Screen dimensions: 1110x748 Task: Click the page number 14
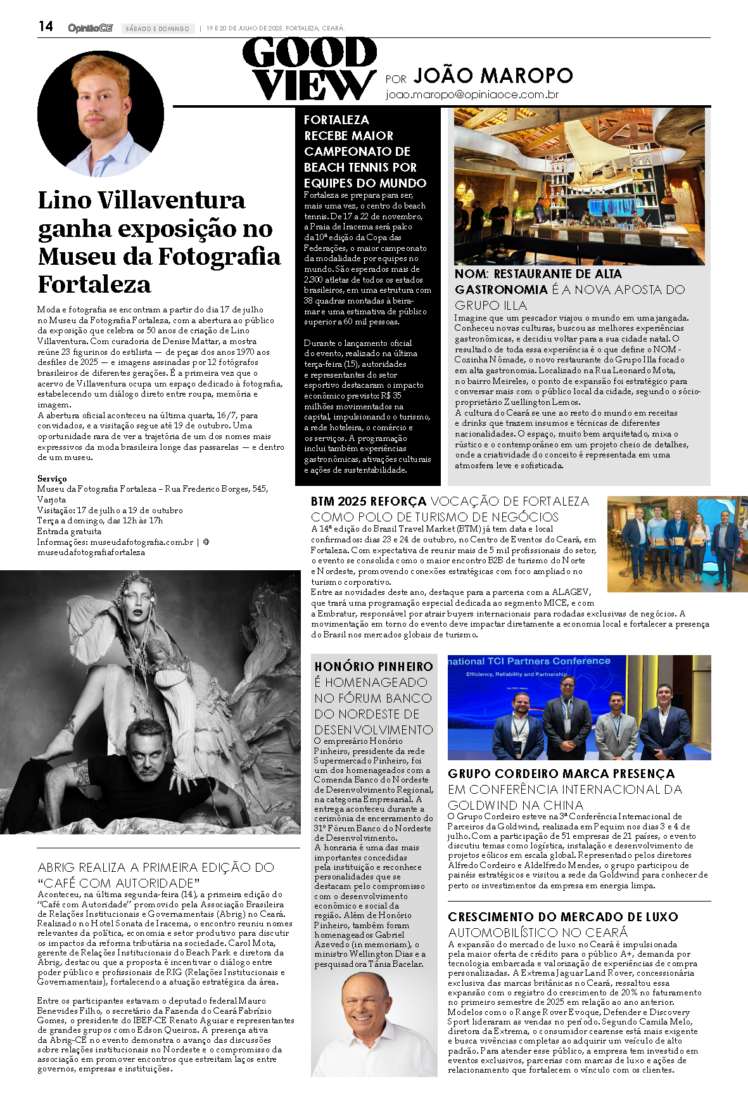click(x=46, y=27)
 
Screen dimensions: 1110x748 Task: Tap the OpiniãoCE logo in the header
click(x=90, y=28)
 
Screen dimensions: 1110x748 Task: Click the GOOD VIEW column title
click(x=310, y=69)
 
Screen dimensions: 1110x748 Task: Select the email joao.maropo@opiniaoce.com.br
click(x=472, y=95)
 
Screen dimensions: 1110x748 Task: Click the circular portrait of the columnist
click(x=101, y=115)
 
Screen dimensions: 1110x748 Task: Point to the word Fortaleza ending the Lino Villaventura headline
click(x=94, y=284)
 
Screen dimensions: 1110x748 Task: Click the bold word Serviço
click(x=52, y=478)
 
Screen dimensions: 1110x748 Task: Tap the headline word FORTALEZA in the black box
click(x=336, y=120)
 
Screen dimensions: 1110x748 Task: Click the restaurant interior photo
click(x=579, y=186)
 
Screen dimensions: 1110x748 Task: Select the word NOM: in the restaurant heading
click(x=471, y=274)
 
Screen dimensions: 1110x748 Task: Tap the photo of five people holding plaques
click(x=677, y=544)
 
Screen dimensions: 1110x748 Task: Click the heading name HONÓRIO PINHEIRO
click(x=374, y=667)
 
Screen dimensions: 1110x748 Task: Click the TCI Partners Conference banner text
click(x=529, y=661)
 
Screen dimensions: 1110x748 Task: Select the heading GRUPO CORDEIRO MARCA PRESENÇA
click(x=561, y=774)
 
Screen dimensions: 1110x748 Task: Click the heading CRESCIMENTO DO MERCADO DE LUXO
click(x=562, y=917)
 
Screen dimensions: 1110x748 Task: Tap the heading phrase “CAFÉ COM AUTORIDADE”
click(x=118, y=883)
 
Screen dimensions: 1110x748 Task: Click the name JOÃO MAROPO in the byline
click(x=493, y=76)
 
